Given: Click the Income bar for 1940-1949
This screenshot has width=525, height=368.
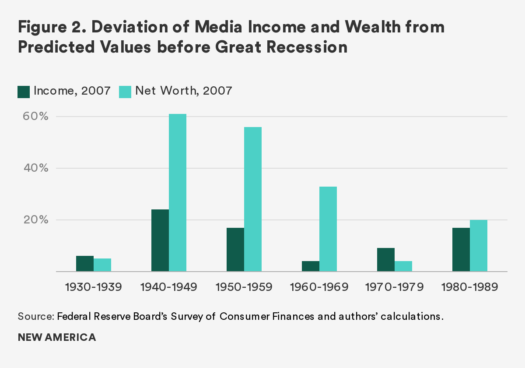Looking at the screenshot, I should click(x=160, y=241).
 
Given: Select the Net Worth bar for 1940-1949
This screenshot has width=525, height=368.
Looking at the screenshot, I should click(x=178, y=193).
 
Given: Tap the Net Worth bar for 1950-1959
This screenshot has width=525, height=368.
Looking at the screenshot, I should click(x=253, y=199).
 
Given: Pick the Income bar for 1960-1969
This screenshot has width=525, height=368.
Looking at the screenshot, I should click(x=311, y=266).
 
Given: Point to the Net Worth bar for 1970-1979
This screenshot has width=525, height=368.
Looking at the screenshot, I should click(x=403, y=266).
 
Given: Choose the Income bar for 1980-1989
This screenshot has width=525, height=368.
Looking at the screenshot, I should click(x=461, y=250).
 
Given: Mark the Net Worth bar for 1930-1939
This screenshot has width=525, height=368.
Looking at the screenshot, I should click(x=102, y=265).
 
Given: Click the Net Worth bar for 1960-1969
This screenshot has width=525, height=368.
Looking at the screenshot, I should click(x=328, y=229).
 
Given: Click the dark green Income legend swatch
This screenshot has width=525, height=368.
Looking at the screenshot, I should click(x=23, y=91).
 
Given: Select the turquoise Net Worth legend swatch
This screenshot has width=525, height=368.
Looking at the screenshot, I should click(x=125, y=91).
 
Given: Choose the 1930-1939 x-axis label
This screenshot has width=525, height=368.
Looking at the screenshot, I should click(x=93, y=287).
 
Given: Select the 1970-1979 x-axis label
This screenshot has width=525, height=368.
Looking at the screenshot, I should click(x=394, y=287).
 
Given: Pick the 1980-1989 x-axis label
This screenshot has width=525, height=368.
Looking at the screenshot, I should click(x=469, y=287).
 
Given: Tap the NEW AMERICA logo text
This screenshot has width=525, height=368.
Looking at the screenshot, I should click(x=56, y=338).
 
